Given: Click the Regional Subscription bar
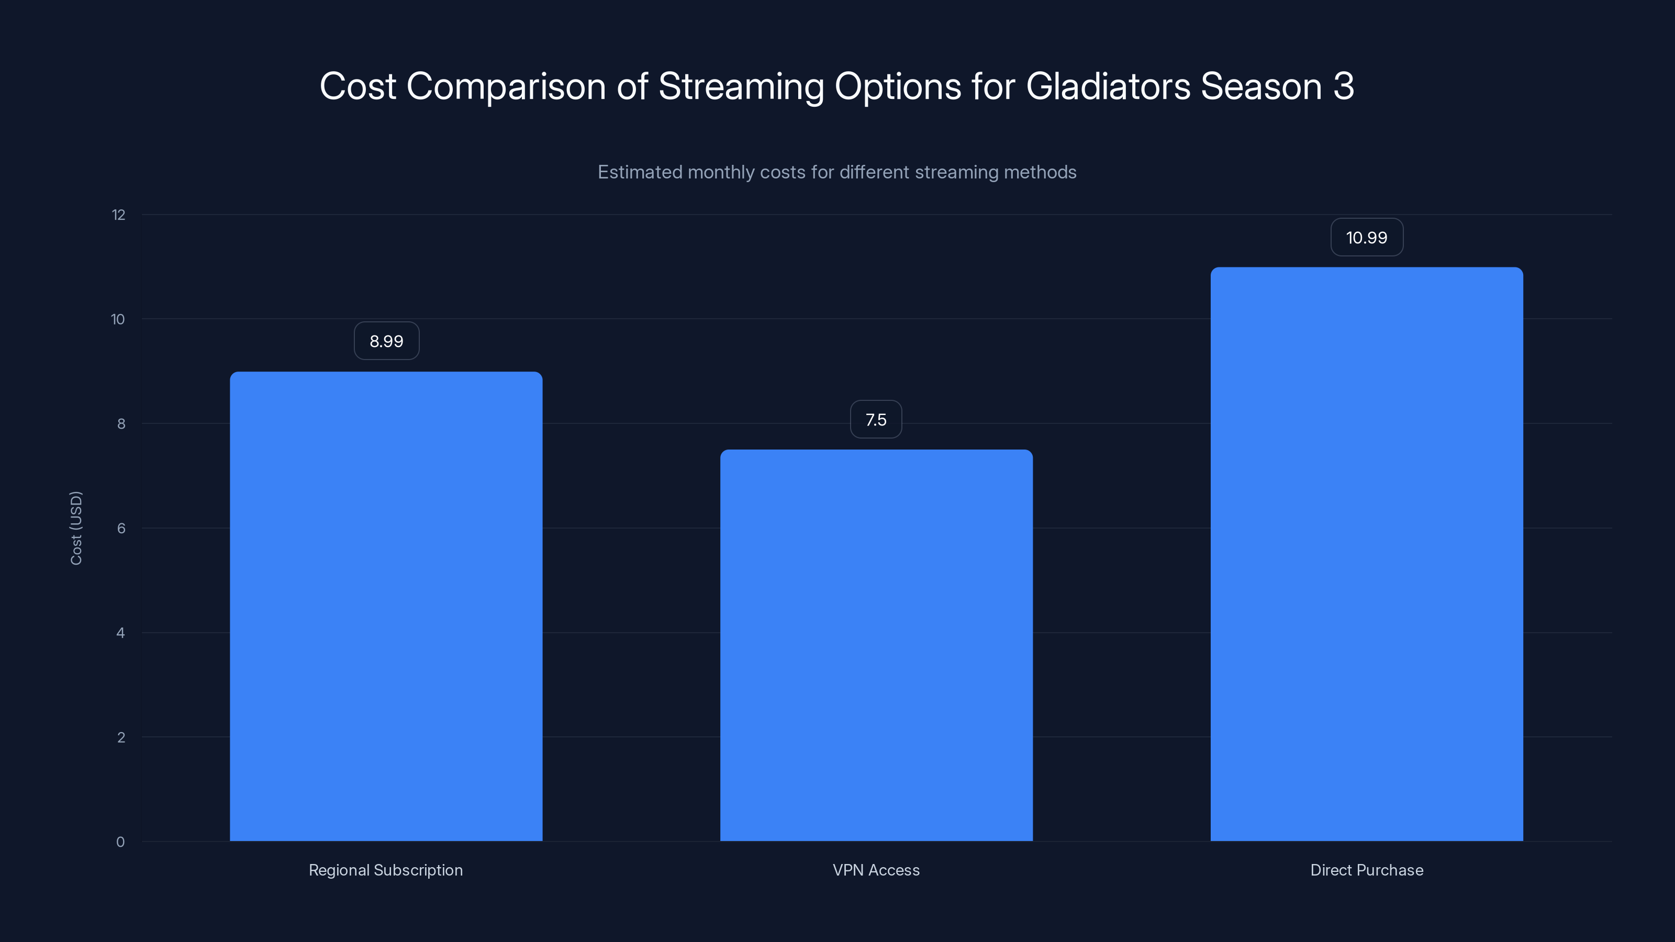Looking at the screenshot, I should (386, 606).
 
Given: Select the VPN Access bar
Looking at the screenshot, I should (876, 645).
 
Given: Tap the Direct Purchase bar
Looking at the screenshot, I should (1366, 554).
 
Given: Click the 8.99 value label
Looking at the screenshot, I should (386, 341).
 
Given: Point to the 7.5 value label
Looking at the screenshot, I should (876, 420).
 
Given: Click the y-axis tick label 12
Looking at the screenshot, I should (118, 215).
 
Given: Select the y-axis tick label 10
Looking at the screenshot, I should (118, 320).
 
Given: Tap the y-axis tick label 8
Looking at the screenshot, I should (121, 424).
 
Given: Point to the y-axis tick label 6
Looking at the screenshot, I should (121, 529).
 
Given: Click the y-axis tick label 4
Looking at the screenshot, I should (120, 633).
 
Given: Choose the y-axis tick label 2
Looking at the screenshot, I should (121, 738).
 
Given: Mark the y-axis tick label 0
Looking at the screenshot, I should (120, 843).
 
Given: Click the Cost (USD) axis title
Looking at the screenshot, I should (76, 528).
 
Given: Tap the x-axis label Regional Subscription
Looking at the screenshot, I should (386, 870).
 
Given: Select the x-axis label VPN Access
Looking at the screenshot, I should (876, 870).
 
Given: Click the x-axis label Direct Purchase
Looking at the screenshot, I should (1366, 870).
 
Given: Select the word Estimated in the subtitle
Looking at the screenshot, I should (639, 172).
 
